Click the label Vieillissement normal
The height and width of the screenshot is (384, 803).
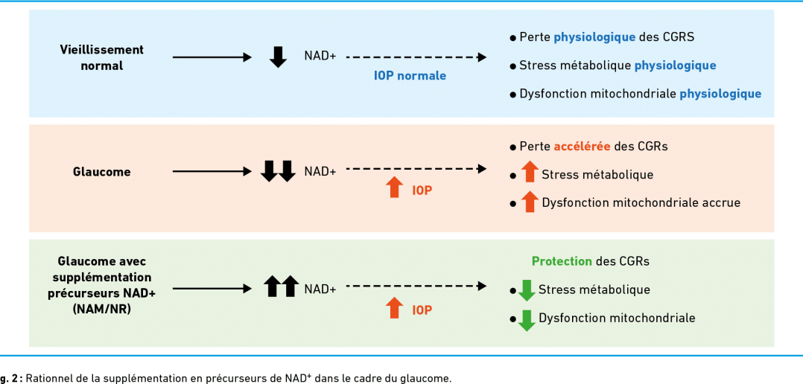[101, 58]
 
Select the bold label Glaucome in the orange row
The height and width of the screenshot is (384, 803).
[101, 172]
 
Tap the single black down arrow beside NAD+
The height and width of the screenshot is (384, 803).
[278, 57]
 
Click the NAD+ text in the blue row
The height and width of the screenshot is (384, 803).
[320, 57]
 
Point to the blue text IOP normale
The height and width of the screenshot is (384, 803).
[410, 76]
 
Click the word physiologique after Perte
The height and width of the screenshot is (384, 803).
[595, 37]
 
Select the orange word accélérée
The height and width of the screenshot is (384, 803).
[582, 147]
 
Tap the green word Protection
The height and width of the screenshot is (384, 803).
[562, 261]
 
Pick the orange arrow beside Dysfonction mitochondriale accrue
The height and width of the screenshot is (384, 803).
[530, 202]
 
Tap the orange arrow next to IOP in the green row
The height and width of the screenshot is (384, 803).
[394, 308]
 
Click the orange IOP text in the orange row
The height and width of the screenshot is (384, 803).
[422, 191]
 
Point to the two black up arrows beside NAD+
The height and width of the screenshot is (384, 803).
[281, 286]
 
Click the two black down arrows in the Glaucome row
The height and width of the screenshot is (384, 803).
[278, 170]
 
